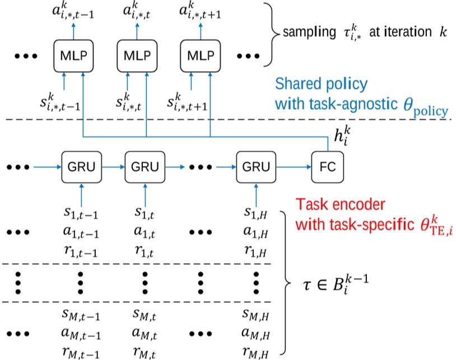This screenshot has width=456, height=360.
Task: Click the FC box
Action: (327, 167)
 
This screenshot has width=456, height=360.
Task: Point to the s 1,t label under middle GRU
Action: (144, 213)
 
